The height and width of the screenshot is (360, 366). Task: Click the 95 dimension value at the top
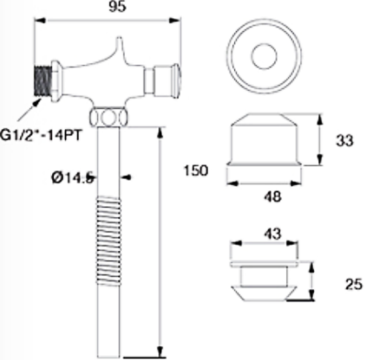[117, 6]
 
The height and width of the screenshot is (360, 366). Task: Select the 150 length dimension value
[196, 170]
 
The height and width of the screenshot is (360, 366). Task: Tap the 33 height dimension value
[345, 141]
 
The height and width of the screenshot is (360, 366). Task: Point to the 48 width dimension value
[273, 197]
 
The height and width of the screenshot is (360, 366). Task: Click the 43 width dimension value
[272, 235]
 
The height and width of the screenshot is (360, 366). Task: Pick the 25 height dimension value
[354, 285]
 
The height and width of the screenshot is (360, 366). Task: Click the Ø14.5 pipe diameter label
[72, 178]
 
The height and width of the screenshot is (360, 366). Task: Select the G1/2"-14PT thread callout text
[41, 135]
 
